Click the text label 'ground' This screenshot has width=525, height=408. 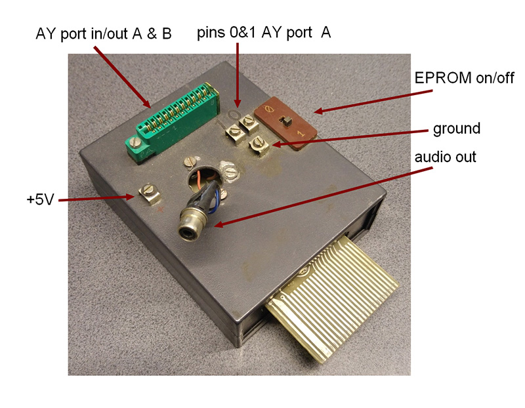coord(457,128)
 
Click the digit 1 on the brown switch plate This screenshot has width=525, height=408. coord(301,134)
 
